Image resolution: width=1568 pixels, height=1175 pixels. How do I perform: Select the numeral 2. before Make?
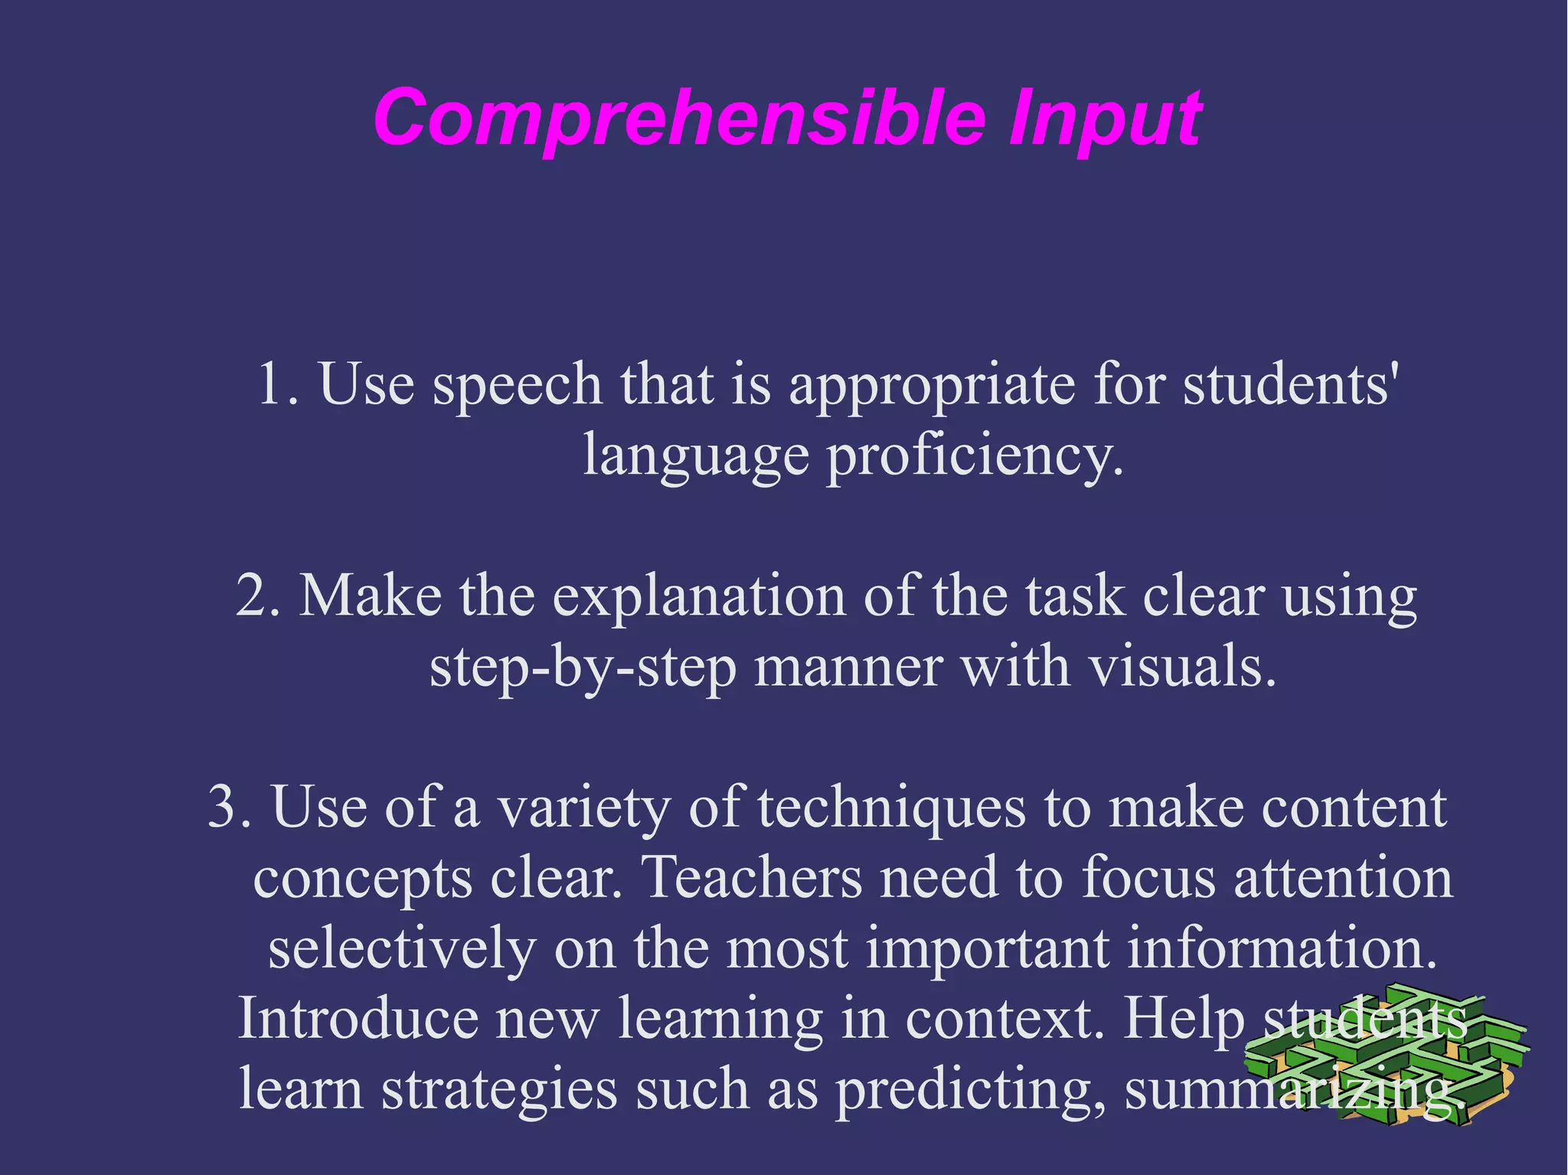click(x=258, y=595)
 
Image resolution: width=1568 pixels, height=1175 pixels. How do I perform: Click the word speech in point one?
click(x=518, y=384)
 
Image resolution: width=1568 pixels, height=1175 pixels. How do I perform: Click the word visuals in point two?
click(x=1182, y=666)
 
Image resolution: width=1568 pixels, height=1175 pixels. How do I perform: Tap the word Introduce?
click(x=358, y=1018)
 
